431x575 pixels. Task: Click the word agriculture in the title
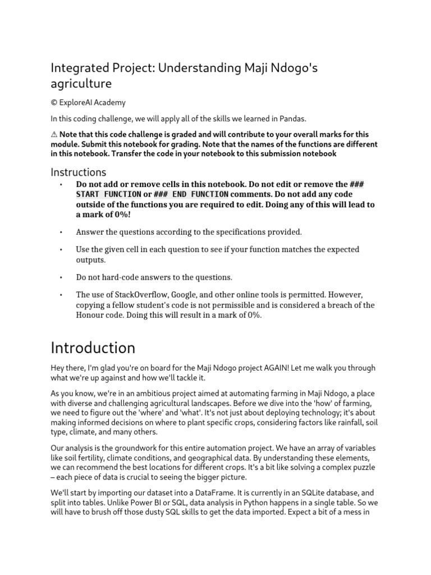coord(81,84)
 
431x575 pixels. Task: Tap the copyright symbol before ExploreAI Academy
coord(54,103)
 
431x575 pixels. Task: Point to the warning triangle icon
coord(54,134)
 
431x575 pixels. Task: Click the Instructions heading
coord(79,172)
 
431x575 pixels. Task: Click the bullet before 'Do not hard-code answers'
coord(60,277)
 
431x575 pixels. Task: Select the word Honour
coord(92,316)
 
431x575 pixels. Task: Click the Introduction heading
coord(93,348)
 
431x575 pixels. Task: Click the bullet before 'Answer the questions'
coord(60,231)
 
